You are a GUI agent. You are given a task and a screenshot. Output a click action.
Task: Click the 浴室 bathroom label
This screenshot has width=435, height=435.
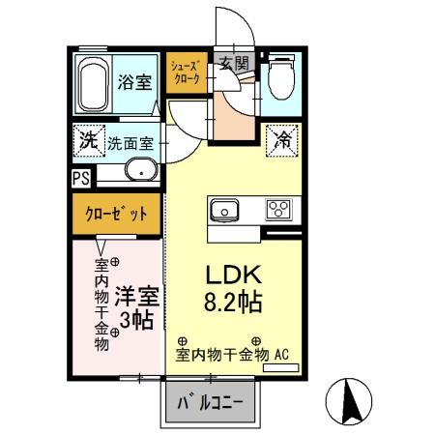tap(133, 81)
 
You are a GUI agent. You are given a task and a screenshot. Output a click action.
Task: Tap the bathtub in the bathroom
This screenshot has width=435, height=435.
tap(93, 85)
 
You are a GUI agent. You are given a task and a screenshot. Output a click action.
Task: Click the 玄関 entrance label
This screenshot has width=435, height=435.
tap(233, 65)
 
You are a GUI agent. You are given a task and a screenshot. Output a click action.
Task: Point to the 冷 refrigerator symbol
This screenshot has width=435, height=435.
tap(283, 139)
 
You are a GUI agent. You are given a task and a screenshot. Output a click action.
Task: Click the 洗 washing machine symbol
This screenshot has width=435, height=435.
tap(87, 139)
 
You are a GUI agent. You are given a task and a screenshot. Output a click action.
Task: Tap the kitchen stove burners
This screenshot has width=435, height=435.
tap(280, 210)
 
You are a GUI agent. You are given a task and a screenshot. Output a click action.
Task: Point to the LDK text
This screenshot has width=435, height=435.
tap(232, 273)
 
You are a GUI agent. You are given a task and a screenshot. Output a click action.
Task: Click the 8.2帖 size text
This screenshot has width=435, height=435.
tap(232, 302)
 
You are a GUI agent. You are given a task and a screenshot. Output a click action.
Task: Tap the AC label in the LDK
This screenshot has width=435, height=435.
tap(284, 355)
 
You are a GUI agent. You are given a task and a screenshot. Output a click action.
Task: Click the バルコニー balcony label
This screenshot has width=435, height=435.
tap(215, 404)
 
